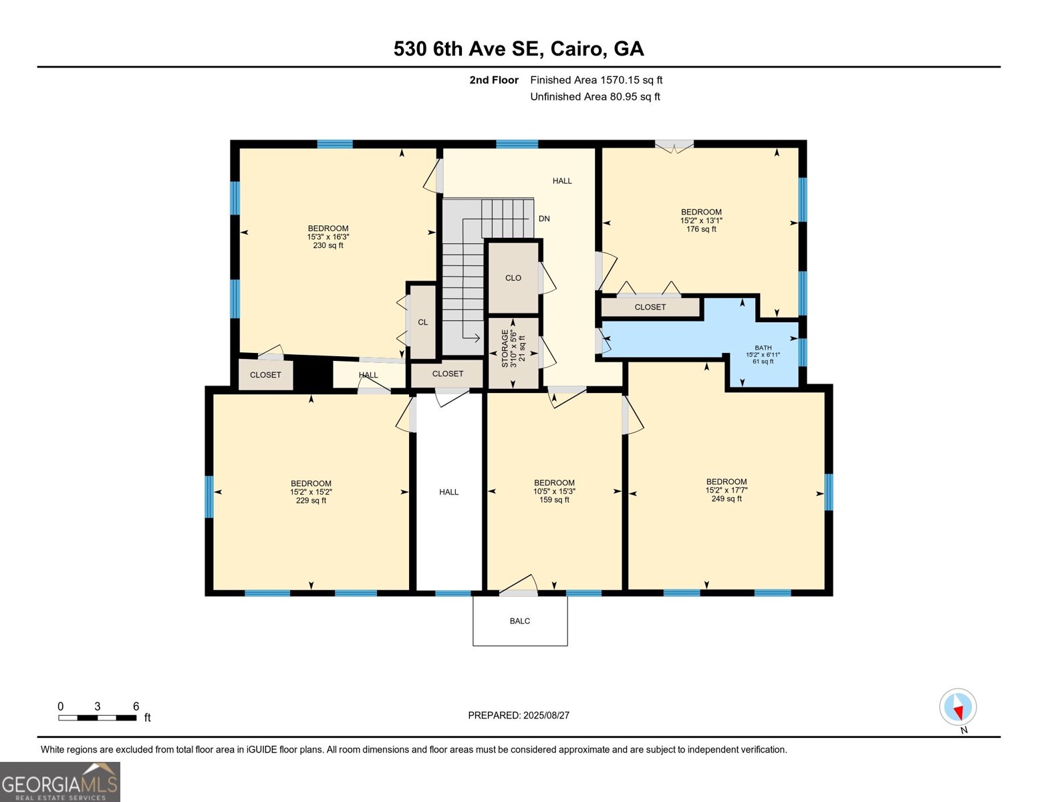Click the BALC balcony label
tap(519, 621)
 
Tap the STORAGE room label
tap(513, 348)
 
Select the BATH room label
tap(763, 354)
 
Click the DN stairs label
tap(544, 219)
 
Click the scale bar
tap(98, 718)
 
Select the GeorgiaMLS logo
tap(60, 782)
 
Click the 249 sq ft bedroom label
tap(726, 490)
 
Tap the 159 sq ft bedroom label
tap(554, 491)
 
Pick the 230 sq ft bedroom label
tap(328, 237)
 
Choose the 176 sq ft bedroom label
tap(701, 221)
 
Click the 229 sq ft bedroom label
tap(311, 492)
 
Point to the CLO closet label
tap(513, 278)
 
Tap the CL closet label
tap(422, 322)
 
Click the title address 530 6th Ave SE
tap(519, 49)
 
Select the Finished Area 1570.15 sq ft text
tap(596, 80)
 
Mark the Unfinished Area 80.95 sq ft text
tap(595, 97)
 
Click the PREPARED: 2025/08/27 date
tap(519, 715)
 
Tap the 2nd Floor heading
tap(494, 80)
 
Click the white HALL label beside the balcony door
tap(448, 492)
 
